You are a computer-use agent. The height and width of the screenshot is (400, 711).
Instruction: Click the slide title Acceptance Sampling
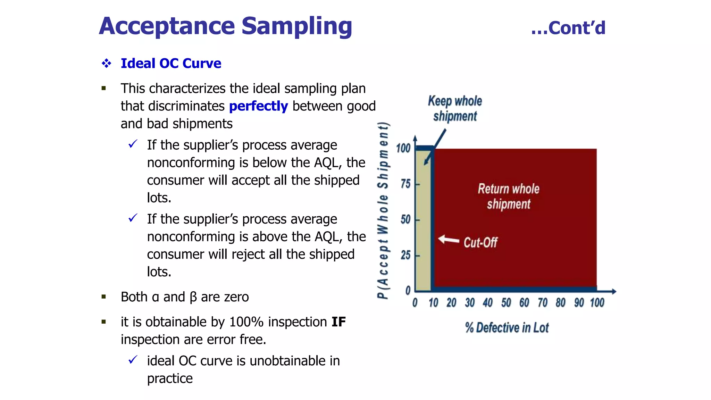[x=226, y=26]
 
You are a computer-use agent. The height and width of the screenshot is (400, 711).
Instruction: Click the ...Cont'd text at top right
[x=568, y=28]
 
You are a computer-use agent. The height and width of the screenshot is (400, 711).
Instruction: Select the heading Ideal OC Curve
[x=171, y=64]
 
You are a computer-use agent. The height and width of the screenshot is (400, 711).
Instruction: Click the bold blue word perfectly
[x=258, y=106]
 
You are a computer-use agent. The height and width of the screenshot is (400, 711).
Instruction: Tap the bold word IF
[x=338, y=322]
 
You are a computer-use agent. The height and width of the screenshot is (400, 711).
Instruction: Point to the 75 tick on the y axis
[x=405, y=184]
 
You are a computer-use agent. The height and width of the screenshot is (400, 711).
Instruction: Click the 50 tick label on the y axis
[x=405, y=219]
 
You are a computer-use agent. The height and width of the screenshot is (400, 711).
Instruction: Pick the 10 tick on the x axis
[x=433, y=303]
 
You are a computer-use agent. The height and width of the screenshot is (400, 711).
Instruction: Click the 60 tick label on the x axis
[x=524, y=303]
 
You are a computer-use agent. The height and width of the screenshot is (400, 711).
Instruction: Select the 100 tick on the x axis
[x=597, y=303]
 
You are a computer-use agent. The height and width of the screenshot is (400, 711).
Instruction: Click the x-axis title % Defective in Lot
[x=507, y=328]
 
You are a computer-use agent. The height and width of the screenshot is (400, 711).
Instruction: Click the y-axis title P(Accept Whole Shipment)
[x=383, y=210]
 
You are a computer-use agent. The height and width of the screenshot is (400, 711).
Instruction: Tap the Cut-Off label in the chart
[x=480, y=242]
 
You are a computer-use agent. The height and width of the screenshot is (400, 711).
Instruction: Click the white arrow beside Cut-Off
[x=448, y=240]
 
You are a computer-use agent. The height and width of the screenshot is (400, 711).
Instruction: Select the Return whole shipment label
[x=509, y=197]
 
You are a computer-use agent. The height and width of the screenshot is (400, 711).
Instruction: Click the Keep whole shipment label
[x=455, y=108]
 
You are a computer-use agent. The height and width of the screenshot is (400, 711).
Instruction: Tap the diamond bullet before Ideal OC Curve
[x=107, y=64]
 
